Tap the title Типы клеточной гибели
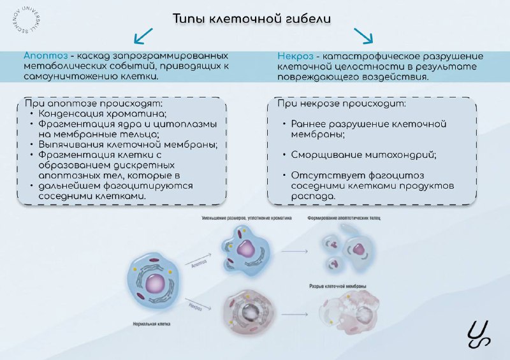click(x=252, y=18)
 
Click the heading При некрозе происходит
click(x=341, y=103)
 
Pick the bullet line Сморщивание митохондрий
click(x=359, y=154)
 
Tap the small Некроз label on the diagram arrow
click(x=195, y=306)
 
